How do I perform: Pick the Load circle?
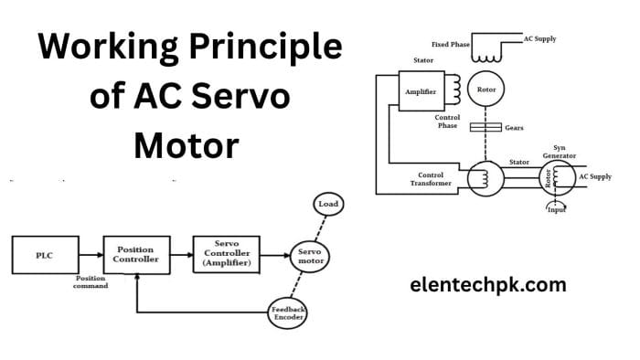tap(328, 203)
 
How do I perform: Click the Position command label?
tap(91, 281)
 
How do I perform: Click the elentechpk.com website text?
tap(487, 284)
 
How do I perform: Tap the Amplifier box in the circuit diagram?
tap(421, 92)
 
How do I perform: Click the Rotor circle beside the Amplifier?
tap(485, 90)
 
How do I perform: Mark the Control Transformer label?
tap(430, 178)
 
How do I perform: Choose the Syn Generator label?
tap(560, 152)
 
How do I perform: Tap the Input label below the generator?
tap(556, 209)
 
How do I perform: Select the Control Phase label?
tap(448, 122)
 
